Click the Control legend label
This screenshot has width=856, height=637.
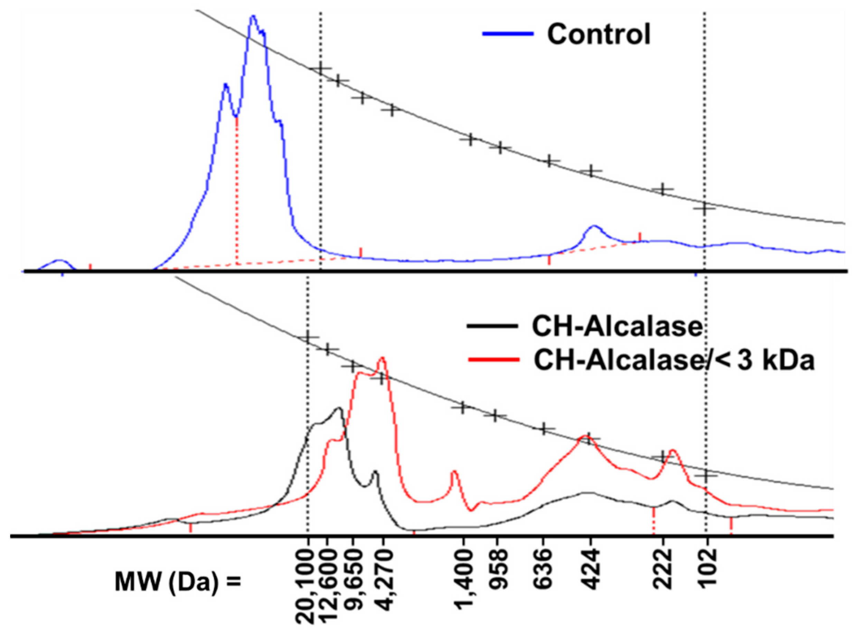(598, 34)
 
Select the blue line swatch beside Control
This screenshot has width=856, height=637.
(508, 34)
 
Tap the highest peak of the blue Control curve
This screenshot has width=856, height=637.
(253, 16)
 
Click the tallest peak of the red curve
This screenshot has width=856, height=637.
(382, 358)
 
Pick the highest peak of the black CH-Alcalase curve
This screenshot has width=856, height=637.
(339, 408)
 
